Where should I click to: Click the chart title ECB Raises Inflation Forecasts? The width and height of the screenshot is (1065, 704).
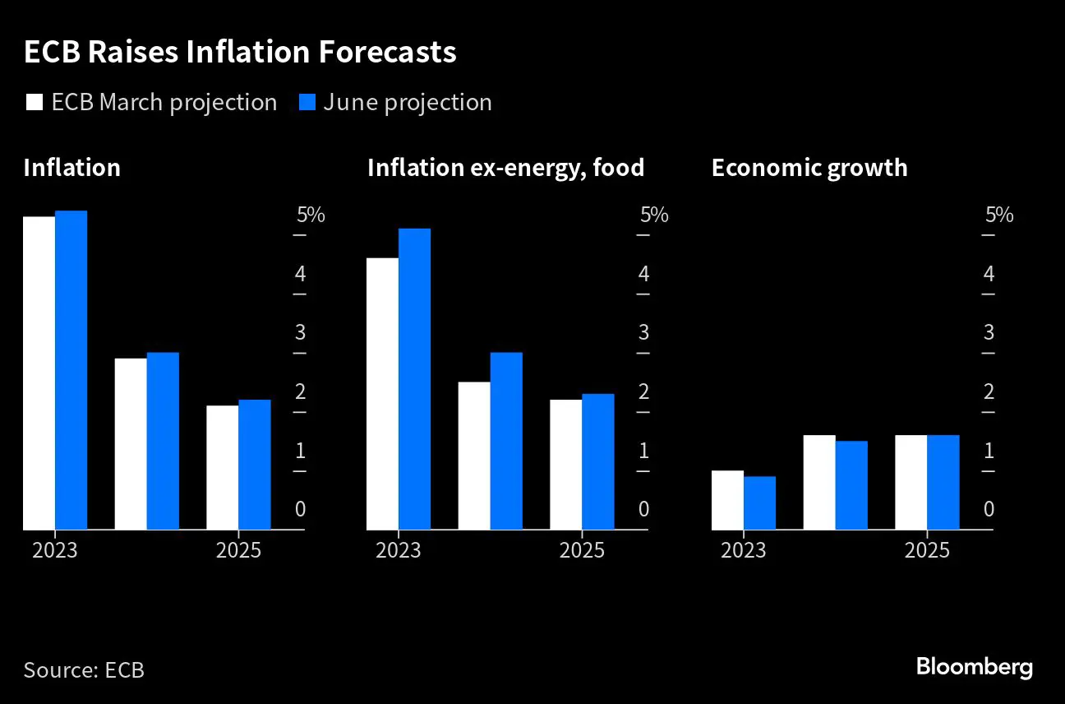[239, 53]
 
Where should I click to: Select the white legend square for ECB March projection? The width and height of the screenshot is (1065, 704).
[35, 103]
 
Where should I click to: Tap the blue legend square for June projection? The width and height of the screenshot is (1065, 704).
[306, 103]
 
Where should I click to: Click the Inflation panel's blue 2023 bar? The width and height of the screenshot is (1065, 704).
[71, 370]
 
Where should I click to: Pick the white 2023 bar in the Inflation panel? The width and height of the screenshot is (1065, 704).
[39, 373]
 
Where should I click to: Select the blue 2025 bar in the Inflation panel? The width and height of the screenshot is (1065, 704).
[255, 465]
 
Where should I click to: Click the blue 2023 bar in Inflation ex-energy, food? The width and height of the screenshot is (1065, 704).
[414, 379]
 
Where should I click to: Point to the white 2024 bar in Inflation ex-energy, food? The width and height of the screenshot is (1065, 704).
[474, 456]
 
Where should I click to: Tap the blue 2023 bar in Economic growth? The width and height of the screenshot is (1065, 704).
[759, 503]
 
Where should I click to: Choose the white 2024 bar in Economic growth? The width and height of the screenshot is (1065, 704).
[819, 482]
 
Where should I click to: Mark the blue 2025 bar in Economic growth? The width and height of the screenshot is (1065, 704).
[943, 482]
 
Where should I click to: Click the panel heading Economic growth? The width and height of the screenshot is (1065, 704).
[809, 168]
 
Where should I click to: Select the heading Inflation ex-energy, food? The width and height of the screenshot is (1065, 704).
[505, 168]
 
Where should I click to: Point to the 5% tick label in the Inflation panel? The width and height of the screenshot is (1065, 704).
[311, 215]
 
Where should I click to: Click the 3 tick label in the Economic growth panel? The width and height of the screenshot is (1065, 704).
[989, 333]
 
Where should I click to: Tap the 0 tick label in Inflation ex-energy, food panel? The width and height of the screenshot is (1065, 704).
[644, 509]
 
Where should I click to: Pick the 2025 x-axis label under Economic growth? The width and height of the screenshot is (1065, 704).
[927, 550]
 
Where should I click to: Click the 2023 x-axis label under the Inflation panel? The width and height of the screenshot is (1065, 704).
[55, 550]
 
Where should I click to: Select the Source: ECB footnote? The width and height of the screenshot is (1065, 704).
[84, 669]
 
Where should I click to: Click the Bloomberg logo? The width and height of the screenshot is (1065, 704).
[974, 666]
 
